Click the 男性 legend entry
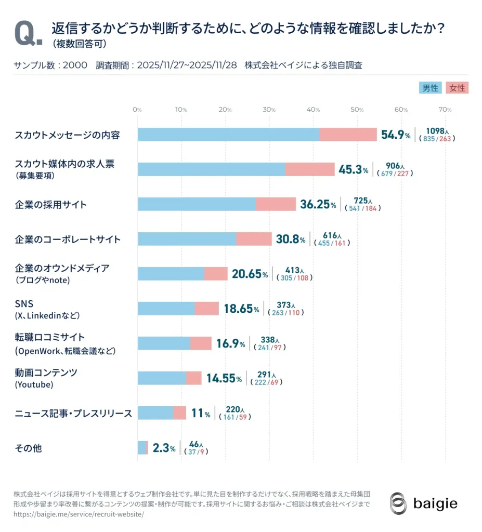(430, 88)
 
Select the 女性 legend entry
(457, 88)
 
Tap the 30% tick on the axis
(269, 110)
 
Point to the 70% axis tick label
(445, 110)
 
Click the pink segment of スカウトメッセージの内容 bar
(348, 135)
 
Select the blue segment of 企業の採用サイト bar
(197, 204)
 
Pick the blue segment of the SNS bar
(166, 309)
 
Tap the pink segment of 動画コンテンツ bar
(194, 378)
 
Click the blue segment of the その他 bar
(141, 447)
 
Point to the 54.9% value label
(396, 135)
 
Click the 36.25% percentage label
(318, 204)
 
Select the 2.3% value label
(164, 448)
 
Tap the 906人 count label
(395, 166)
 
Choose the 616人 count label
(332, 235)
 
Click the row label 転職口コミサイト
(49, 337)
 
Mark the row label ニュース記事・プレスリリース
(73, 414)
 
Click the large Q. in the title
(28, 34)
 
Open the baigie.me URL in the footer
(79, 514)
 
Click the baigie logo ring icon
(398, 503)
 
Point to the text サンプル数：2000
(50, 65)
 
